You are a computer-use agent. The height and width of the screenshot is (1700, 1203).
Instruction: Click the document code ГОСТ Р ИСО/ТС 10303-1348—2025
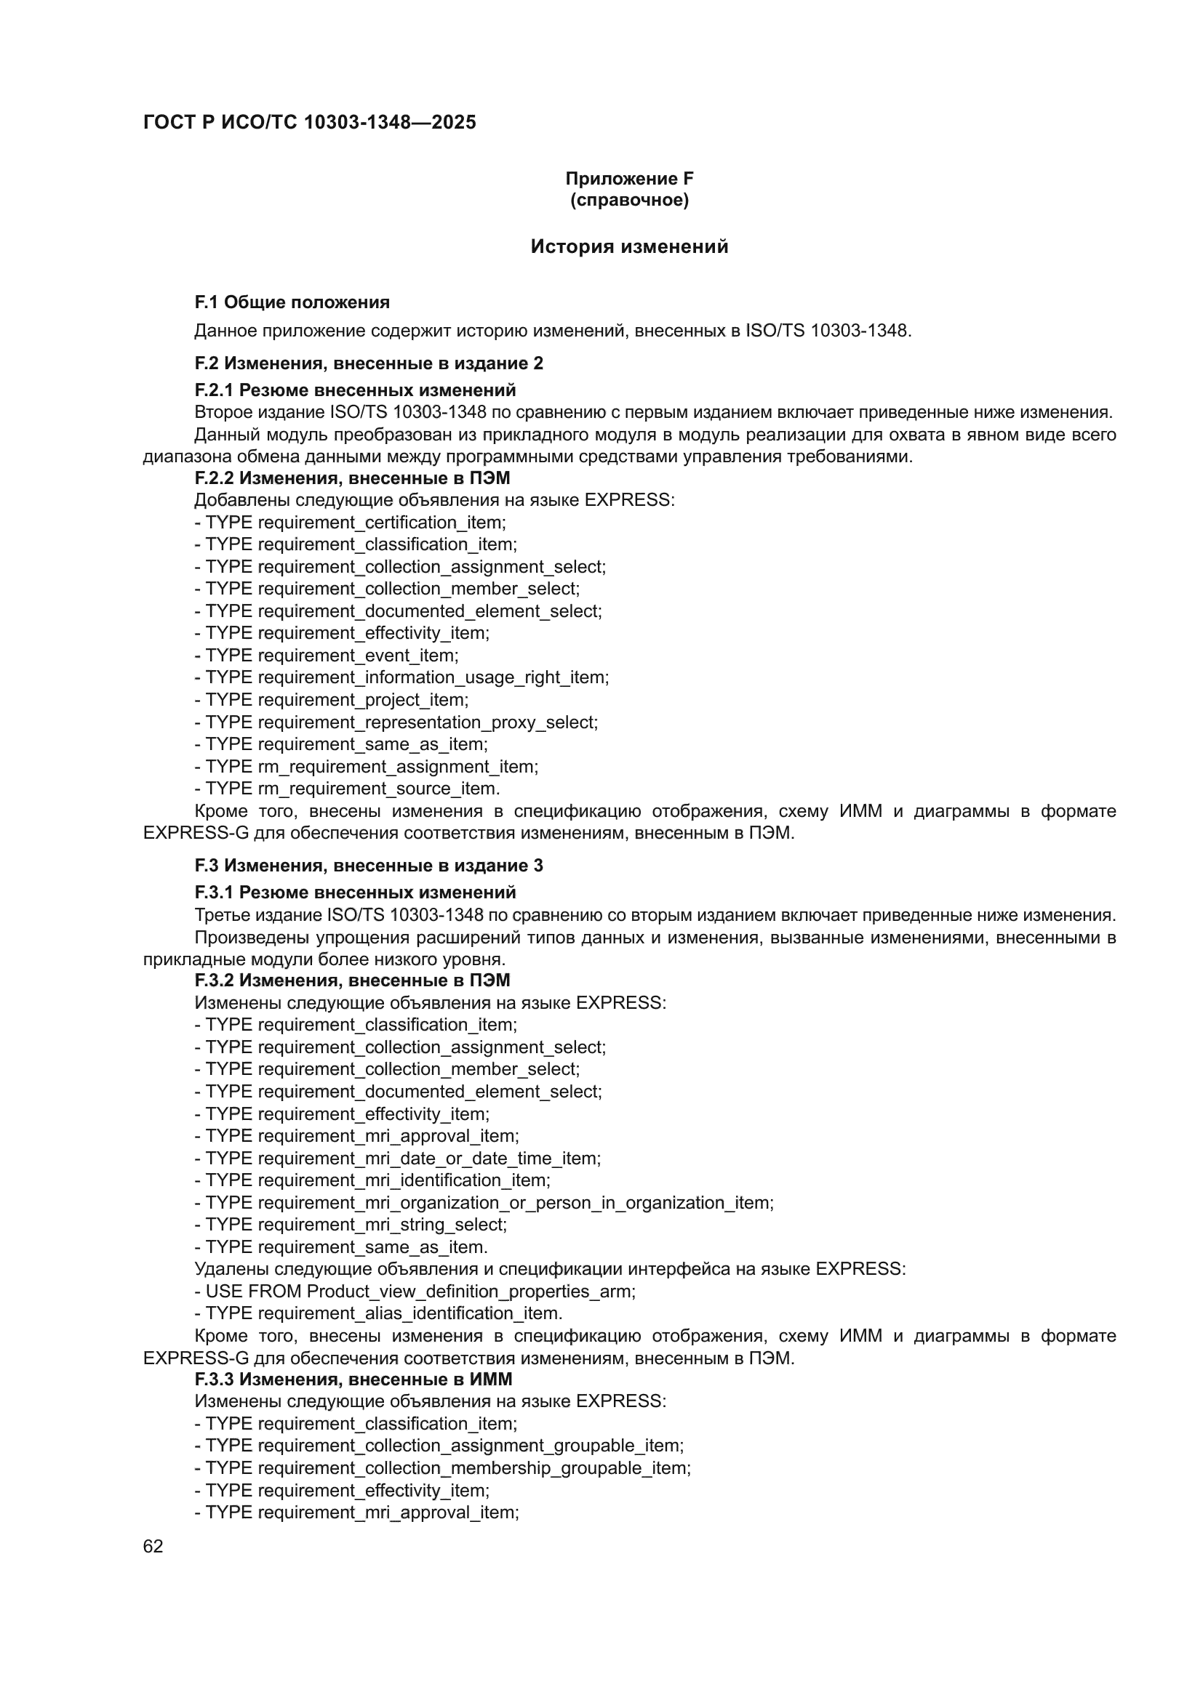310,123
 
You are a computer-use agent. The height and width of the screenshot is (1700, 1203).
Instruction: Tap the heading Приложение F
629,179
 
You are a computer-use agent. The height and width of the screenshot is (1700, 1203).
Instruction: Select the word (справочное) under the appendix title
629,200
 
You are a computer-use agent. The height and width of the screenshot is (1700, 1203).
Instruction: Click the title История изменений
629,246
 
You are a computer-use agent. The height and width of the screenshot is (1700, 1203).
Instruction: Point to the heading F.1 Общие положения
292,302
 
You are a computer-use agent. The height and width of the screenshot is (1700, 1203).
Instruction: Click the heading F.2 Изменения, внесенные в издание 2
368,363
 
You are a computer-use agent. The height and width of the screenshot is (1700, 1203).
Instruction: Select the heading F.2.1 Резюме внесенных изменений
355,390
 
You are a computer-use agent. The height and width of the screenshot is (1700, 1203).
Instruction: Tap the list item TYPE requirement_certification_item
351,523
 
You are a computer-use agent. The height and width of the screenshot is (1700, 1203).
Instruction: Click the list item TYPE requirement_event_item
327,656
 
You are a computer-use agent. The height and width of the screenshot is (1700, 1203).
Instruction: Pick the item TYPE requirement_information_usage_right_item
401,677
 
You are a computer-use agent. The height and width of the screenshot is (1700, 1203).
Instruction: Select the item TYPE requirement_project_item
332,700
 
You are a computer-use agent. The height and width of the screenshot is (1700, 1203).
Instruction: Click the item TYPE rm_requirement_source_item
348,789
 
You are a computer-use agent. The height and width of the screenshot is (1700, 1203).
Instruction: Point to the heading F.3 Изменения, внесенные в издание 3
368,866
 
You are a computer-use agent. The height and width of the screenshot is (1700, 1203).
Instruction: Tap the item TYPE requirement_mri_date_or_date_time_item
398,1159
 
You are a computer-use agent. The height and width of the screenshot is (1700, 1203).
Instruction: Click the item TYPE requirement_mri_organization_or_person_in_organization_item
484,1203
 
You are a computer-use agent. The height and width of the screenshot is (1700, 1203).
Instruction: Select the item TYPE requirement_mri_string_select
351,1225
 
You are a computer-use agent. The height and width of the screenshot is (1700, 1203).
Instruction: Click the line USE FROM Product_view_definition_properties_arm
415,1292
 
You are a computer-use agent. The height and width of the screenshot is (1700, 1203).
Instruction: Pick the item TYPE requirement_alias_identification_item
378,1313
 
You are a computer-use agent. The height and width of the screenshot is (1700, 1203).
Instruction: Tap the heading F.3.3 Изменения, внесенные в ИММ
353,1379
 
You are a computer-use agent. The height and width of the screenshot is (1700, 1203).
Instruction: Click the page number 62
153,1547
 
